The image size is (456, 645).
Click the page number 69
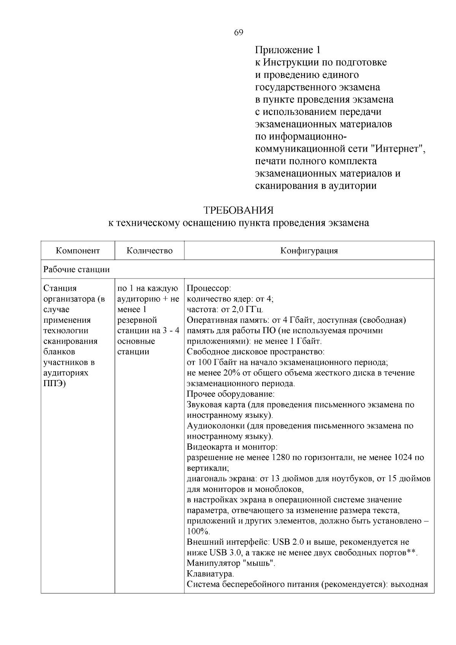(238, 33)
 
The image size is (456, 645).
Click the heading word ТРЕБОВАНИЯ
(238, 210)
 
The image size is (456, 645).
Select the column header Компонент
(78, 251)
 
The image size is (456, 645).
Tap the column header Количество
(149, 251)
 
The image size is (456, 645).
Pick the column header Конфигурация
(309, 251)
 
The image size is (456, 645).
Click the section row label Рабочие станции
(76, 269)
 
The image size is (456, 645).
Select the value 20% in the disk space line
(237, 373)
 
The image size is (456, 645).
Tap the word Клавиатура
(210, 574)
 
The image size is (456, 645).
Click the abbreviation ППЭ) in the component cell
(54, 384)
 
